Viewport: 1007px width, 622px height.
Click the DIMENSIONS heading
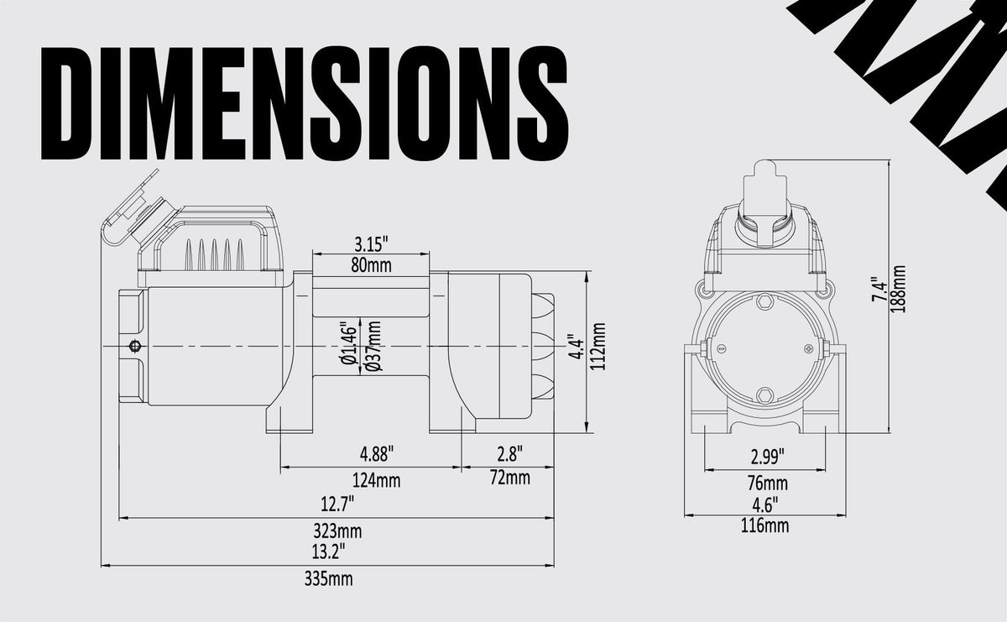(305, 103)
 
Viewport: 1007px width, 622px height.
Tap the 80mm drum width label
(371, 265)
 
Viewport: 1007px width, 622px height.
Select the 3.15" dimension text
(371, 244)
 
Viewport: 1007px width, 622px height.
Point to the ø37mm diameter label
(374, 346)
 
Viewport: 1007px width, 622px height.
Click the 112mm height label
(597, 347)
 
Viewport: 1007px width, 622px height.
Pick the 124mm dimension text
(376, 481)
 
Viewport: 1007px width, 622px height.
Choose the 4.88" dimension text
(377, 454)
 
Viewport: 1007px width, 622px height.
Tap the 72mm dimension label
(510, 478)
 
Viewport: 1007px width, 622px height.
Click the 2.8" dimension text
(510, 455)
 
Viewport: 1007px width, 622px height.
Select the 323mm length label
(337, 531)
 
